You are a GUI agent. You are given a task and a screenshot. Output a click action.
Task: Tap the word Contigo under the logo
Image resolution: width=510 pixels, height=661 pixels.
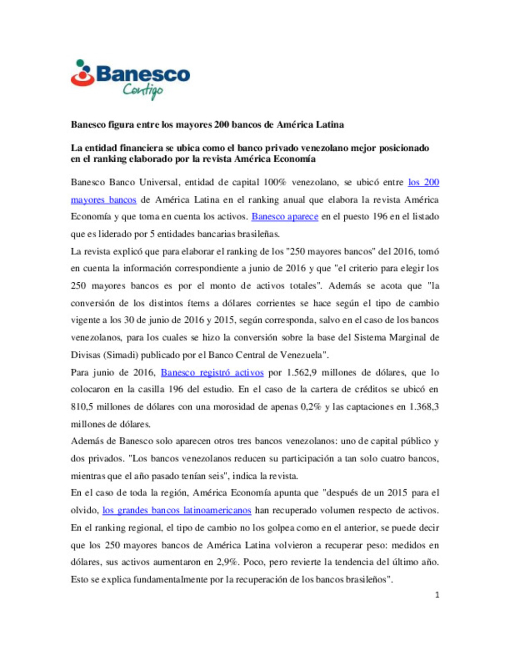click(143, 90)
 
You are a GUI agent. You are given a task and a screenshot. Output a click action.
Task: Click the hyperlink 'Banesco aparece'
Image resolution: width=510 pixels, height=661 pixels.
click(285, 217)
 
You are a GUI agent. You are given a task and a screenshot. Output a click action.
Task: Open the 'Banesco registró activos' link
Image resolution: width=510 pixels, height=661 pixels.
click(212, 373)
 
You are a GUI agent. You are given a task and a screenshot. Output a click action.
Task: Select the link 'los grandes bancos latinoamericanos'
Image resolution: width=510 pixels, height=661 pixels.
click(177, 510)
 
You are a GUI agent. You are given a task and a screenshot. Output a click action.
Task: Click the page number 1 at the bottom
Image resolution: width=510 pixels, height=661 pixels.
click(437, 595)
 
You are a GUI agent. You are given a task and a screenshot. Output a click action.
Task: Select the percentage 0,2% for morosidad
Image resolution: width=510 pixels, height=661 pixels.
click(311, 407)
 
